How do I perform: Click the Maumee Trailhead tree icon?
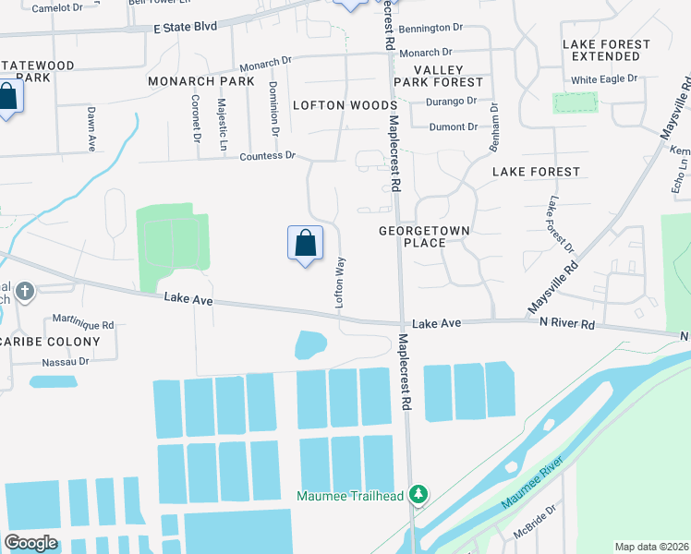[419, 495]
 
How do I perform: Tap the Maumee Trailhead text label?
[350, 496]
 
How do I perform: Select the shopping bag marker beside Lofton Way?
[306, 245]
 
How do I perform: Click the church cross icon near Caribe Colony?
[25, 292]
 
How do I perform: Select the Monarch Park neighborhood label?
[201, 81]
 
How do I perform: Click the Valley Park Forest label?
[438, 77]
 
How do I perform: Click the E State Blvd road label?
[186, 27]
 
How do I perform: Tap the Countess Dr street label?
[267, 156]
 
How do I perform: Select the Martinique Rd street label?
[83, 326]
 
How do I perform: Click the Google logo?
[30, 543]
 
